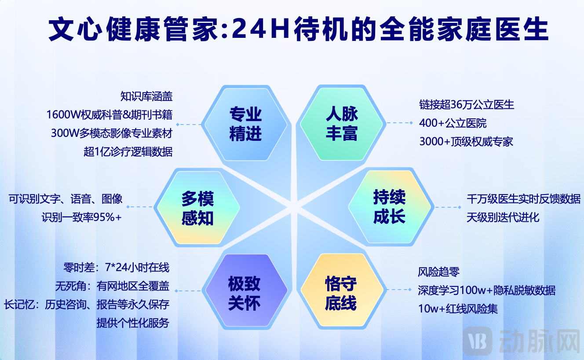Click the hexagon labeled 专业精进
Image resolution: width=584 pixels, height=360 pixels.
[246, 124]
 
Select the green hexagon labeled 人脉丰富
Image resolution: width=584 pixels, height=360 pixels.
[342, 124]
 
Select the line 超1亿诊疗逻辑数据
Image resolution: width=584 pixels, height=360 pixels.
[128, 152]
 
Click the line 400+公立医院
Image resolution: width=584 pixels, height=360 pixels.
[453, 123]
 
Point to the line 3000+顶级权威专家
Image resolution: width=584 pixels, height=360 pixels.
[466, 142]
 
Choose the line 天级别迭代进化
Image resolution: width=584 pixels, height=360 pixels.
[503, 217]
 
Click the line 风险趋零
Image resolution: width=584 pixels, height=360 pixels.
[439, 272]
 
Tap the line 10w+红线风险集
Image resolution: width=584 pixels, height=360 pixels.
[458, 309]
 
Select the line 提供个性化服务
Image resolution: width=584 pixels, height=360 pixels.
[133, 323]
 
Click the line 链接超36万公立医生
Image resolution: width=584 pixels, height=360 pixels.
[467, 105]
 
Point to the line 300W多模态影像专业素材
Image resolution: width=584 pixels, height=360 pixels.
[112, 133]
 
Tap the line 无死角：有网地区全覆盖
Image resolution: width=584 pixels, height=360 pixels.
[112, 286]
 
